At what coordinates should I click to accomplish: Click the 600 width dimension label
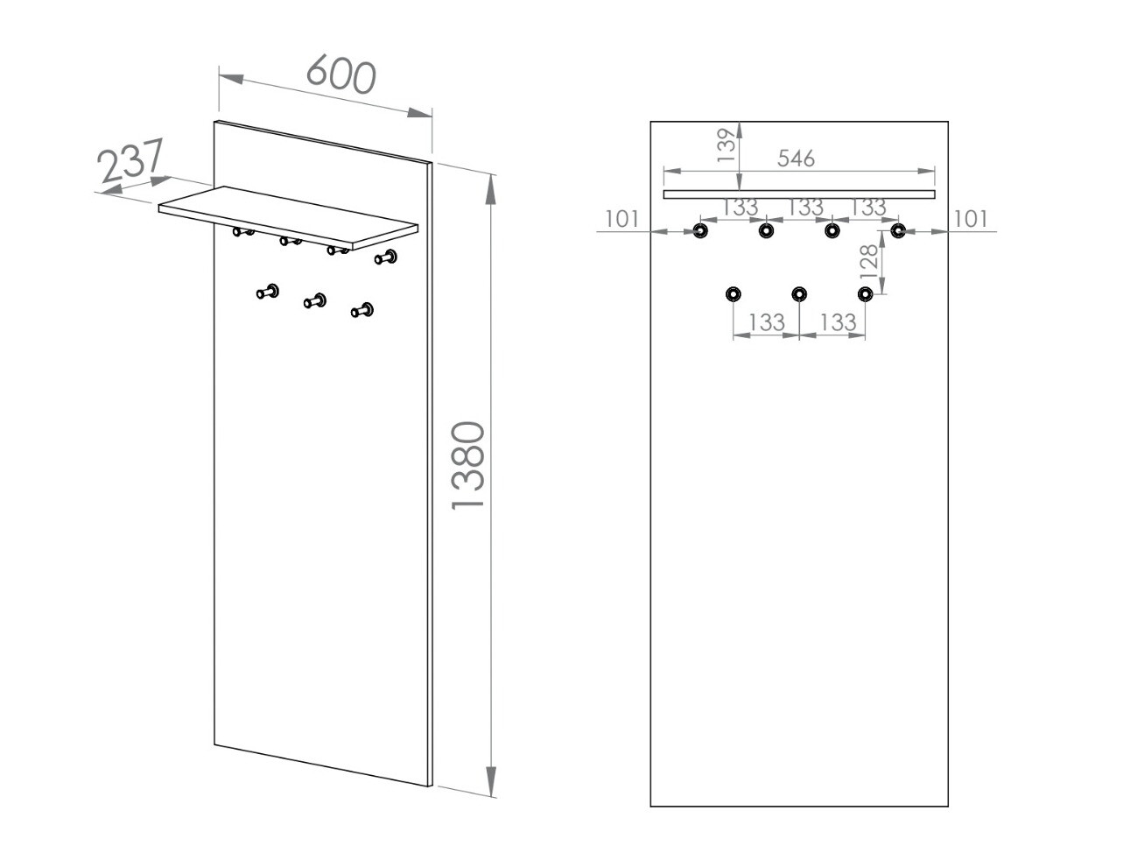click(x=341, y=74)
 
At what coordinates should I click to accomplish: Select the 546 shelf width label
click(x=796, y=158)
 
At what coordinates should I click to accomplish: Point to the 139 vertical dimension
click(x=726, y=145)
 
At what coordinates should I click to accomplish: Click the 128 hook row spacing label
click(x=867, y=261)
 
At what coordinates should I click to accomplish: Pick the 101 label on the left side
click(x=622, y=219)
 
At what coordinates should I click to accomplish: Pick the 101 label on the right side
click(x=970, y=219)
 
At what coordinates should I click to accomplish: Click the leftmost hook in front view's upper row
click(x=699, y=231)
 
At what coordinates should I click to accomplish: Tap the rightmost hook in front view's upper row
click(x=898, y=230)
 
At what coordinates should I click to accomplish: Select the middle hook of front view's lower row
click(x=799, y=293)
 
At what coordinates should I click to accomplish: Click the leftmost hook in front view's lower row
click(x=733, y=293)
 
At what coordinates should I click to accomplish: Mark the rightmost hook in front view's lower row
click(x=866, y=293)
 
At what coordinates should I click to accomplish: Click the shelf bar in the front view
click(x=798, y=194)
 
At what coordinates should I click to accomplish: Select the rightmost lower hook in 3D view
click(x=362, y=310)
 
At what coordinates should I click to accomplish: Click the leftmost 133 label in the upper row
click(x=740, y=208)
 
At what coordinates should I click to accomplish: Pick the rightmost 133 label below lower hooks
click(x=838, y=322)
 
